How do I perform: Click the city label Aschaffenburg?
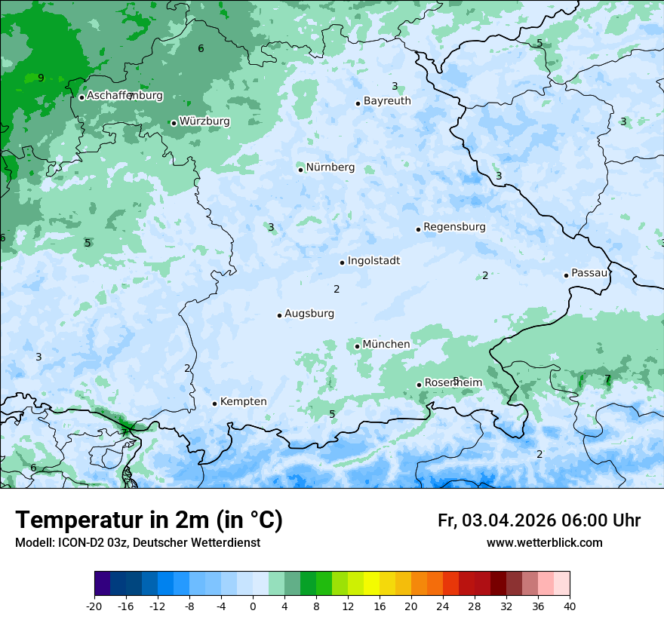[x=124, y=96]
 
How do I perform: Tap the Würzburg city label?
[x=204, y=121]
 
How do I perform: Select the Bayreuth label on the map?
[x=387, y=101]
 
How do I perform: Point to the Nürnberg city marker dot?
[x=300, y=170]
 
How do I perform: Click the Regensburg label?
[x=454, y=227]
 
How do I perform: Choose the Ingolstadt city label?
[x=373, y=261]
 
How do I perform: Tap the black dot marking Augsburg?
[x=279, y=315]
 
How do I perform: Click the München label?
[x=386, y=345]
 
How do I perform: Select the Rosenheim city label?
[x=453, y=383]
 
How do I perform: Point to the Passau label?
[x=589, y=273]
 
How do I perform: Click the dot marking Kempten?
[x=214, y=404]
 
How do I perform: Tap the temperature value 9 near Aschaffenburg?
[x=41, y=78]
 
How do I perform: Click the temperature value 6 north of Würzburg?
[x=201, y=49]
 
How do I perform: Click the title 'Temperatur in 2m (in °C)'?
[x=149, y=520]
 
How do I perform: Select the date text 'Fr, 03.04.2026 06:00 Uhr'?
[x=539, y=520]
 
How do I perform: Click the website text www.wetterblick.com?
[x=544, y=543]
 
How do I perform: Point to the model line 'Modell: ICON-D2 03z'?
[x=137, y=543]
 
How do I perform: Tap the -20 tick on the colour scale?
[x=94, y=606]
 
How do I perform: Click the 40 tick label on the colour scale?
[x=570, y=606]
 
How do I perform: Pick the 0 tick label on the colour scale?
[x=253, y=606]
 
